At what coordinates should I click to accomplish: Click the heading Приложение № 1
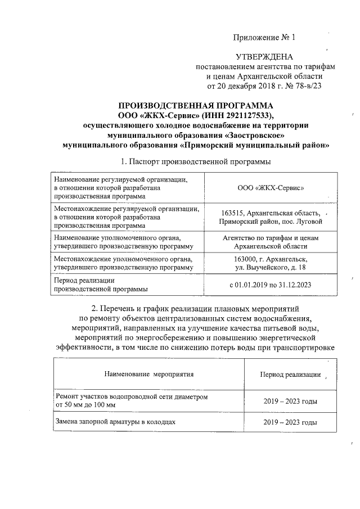click(x=264, y=38)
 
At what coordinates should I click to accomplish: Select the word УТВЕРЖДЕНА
click(x=264, y=56)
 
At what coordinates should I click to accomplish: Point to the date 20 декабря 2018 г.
click(x=251, y=85)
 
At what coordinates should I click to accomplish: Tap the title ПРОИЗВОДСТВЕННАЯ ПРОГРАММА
click(x=196, y=106)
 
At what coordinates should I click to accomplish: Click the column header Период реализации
click(x=290, y=374)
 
